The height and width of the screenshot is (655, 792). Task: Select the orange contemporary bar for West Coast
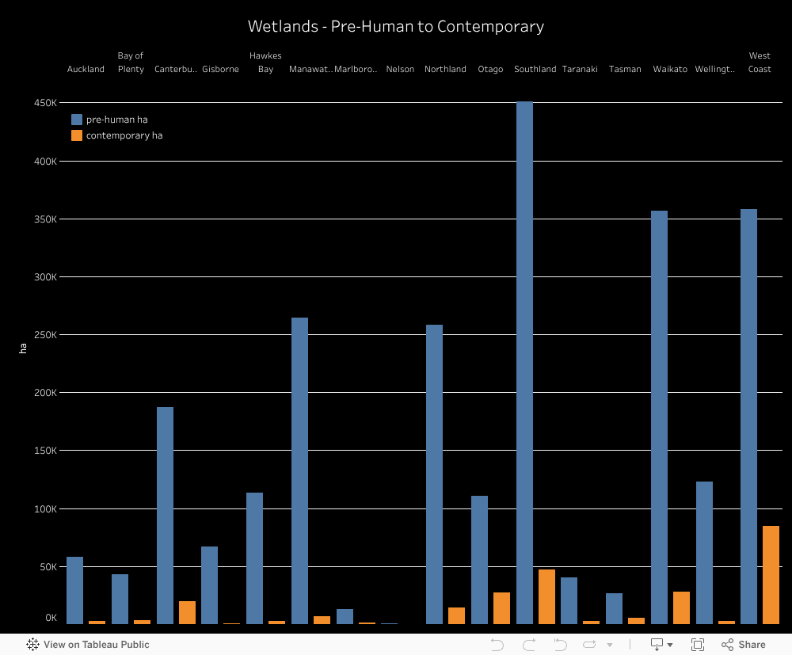(771, 575)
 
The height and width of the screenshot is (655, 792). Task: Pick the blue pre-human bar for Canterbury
(165, 516)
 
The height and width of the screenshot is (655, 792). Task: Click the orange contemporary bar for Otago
(501, 608)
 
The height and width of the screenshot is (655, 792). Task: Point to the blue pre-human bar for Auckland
(74, 590)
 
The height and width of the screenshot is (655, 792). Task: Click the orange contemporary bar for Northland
(456, 615)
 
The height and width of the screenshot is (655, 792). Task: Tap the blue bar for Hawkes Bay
(254, 558)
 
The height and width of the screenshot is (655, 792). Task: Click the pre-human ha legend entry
(116, 120)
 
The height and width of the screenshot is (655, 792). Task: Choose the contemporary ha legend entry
(124, 135)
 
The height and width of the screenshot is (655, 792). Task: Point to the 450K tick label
(45, 103)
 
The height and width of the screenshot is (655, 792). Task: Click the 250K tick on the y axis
(45, 335)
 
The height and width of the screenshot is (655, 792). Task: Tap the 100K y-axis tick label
(45, 508)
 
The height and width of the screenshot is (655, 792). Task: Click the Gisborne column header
(220, 69)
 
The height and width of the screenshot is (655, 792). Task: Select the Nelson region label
(400, 69)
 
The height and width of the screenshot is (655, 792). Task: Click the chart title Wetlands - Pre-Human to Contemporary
(396, 26)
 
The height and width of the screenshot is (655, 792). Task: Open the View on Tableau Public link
(89, 645)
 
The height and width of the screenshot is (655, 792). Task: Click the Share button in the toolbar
(744, 645)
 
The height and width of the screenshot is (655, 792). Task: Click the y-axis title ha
(23, 347)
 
